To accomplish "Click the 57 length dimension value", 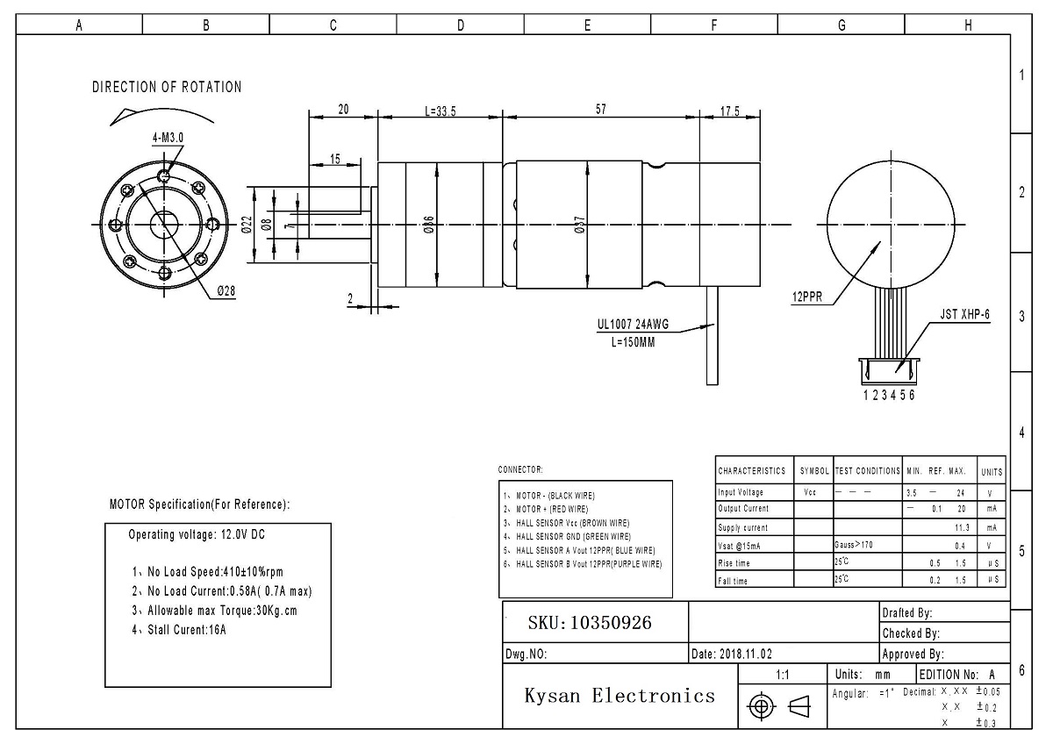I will (x=600, y=110).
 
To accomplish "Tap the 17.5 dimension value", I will (x=730, y=111).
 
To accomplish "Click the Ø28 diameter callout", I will (x=226, y=291).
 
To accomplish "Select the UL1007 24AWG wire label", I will (x=633, y=325).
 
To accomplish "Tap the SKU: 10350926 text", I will (x=590, y=623).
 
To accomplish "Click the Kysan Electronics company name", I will (x=620, y=697).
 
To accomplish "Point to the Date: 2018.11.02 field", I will (x=732, y=655).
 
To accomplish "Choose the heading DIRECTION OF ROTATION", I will (x=167, y=87).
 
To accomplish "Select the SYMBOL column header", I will (x=813, y=471).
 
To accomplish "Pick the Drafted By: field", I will (x=907, y=613).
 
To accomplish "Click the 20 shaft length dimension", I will (x=343, y=110).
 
